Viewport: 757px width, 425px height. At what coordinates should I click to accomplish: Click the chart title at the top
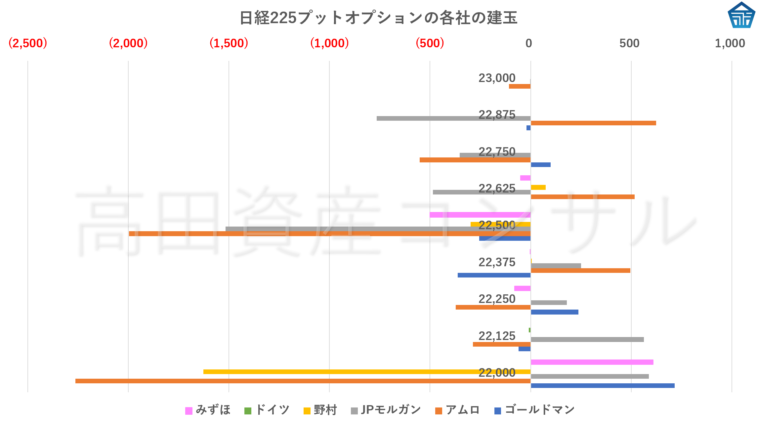[378, 18]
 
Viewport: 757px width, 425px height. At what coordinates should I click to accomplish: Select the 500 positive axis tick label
[629, 43]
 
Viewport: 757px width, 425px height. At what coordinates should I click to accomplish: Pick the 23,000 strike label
[497, 78]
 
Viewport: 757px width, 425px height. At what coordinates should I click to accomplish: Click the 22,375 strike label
[497, 262]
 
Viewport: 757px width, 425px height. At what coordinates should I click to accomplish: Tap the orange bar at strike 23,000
[520, 86]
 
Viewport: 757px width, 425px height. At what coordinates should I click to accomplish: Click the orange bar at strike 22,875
[593, 123]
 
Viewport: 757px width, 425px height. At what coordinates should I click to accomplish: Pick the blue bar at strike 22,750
[541, 165]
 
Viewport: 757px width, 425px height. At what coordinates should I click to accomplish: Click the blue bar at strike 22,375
[494, 275]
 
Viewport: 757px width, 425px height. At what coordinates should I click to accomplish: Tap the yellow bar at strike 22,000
[367, 372]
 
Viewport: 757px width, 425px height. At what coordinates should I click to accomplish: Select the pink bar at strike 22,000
[592, 362]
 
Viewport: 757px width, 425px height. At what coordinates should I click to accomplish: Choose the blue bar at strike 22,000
[603, 386]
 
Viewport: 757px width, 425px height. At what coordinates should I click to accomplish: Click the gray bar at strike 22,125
[587, 339]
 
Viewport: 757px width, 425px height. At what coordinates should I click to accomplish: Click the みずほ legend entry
[208, 410]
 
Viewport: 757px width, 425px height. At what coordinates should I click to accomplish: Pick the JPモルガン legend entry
[386, 410]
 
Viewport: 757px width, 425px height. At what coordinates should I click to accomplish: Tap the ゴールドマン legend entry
[535, 410]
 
